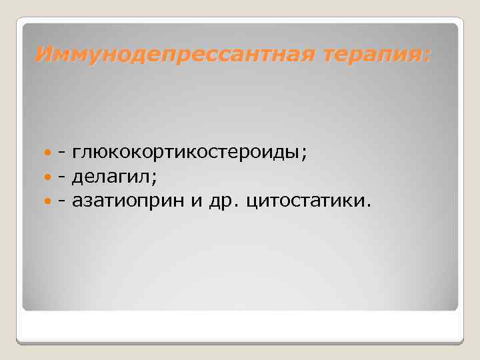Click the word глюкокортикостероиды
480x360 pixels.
click(x=186, y=154)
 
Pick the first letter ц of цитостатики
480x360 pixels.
click(x=251, y=201)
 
